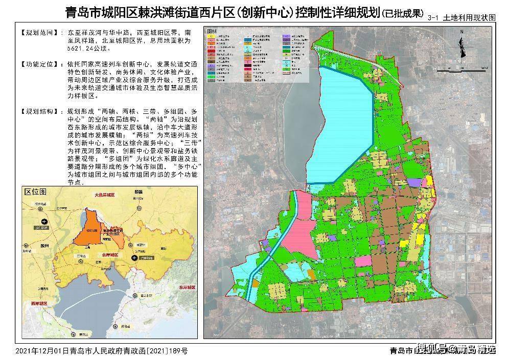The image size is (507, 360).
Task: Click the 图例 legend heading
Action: click(x=212, y=32)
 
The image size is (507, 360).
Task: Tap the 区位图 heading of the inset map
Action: click(x=36, y=192)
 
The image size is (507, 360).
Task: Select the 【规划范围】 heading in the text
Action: click(x=36, y=32)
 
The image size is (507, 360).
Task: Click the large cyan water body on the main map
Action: click(x=340, y=125)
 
